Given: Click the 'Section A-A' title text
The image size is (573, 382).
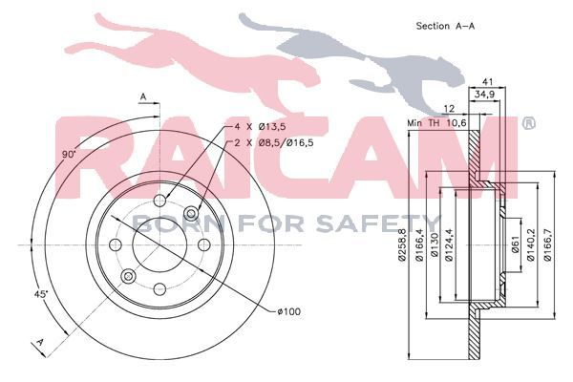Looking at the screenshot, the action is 445,26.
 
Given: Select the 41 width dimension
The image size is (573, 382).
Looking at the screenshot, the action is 488,81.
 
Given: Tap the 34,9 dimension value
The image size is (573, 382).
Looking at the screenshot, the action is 484,95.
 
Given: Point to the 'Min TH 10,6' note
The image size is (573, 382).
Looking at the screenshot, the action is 436,123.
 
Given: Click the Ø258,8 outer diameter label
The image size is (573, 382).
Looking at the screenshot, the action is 402,244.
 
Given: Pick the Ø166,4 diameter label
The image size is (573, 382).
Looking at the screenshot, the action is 419,244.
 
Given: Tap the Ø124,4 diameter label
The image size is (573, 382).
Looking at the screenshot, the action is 449,244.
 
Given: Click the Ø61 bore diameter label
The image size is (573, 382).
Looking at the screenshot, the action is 514,244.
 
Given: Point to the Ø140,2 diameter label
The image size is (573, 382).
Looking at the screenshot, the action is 530,244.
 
